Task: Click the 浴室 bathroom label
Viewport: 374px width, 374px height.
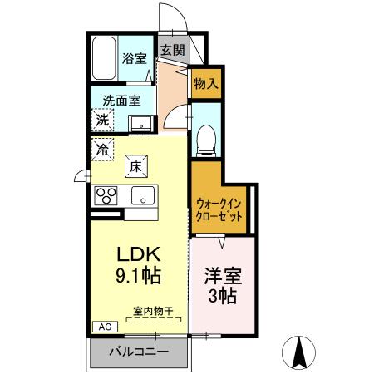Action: [x=135, y=59]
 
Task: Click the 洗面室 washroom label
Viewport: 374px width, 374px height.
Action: [x=121, y=101]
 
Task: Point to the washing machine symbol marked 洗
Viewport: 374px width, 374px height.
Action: [x=101, y=120]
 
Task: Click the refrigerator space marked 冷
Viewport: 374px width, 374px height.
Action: [x=101, y=150]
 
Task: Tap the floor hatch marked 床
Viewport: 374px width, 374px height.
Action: [x=137, y=166]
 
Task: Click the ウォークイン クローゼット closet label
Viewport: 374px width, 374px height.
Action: [x=220, y=209]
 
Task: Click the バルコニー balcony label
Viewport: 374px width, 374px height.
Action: [x=140, y=352]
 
